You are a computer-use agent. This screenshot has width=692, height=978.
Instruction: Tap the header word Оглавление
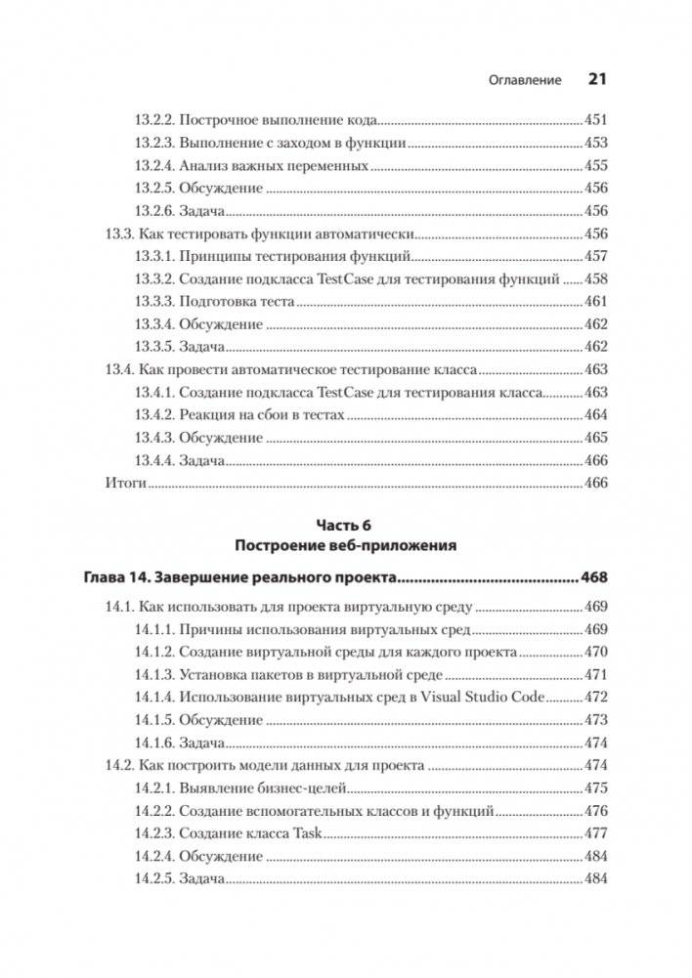coord(525,80)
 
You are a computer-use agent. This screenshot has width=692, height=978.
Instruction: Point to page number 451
coord(595,121)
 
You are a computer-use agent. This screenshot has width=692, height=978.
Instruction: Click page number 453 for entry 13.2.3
coord(595,144)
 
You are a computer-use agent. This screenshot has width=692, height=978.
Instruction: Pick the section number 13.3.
coord(118,234)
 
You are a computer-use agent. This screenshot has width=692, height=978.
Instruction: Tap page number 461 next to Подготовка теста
coord(595,302)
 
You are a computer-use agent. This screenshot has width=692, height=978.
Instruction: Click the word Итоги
coord(124,483)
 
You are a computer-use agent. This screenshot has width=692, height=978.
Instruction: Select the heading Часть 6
coord(346,525)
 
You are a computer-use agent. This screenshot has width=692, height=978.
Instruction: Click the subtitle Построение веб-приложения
coord(346,544)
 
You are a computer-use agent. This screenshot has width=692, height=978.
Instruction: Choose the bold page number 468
coord(593,576)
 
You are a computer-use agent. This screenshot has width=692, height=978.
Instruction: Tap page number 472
coord(595,697)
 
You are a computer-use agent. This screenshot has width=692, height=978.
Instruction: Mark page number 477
coord(595,833)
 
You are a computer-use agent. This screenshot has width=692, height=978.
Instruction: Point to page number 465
coord(595,438)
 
